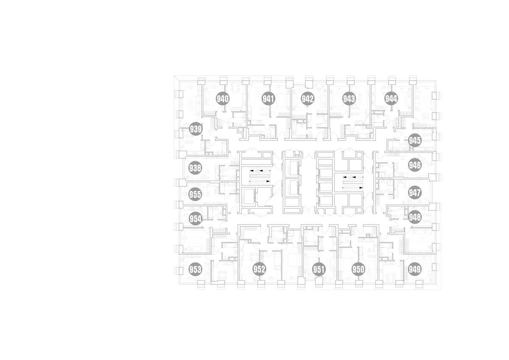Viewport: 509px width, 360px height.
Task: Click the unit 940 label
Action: click(223, 98)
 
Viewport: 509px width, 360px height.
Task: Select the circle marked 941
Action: click(268, 98)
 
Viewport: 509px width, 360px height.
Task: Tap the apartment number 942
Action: click(308, 98)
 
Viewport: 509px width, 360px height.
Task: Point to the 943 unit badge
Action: click(349, 98)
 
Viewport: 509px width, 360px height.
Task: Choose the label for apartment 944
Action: click(391, 98)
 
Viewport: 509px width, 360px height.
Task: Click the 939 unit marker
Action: click(196, 129)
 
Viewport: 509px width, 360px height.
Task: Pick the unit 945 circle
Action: click(415, 141)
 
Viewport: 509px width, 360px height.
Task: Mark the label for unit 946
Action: click(415, 165)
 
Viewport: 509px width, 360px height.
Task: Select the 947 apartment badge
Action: click(415, 193)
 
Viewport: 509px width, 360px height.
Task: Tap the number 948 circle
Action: click(415, 217)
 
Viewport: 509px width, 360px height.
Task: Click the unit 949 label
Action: click(415, 269)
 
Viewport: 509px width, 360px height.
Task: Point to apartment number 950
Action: click(358, 269)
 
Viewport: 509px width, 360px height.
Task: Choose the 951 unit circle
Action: click(319, 269)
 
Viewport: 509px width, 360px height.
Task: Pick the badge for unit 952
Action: click(259, 269)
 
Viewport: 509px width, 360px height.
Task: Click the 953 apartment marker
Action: click(196, 269)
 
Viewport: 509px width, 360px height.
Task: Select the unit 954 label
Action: click(196, 219)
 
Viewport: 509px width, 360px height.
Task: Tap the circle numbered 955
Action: click(196, 194)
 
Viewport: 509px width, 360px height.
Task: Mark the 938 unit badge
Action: click(196, 168)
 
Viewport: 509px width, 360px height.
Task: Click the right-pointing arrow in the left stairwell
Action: click(268, 181)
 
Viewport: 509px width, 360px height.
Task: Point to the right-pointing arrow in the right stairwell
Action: click(361, 188)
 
